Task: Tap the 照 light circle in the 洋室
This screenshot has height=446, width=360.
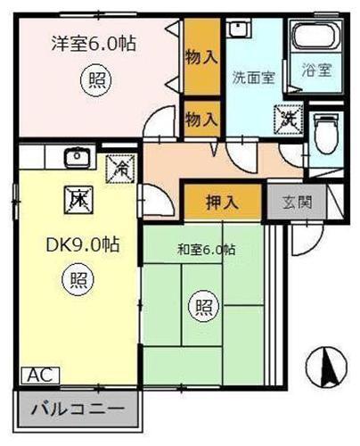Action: pyautogui.click(x=95, y=80)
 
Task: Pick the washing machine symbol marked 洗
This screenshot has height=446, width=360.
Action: pyautogui.click(x=290, y=115)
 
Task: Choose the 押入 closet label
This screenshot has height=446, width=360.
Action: pyautogui.click(x=223, y=201)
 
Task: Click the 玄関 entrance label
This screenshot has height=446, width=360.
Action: pyautogui.click(x=297, y=202)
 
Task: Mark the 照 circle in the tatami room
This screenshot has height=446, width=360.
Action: pyautogui.click(x=204, y=308)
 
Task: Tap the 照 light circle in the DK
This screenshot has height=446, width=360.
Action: pyautogui.click(x=77, y=280)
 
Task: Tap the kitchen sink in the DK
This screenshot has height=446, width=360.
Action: pyautogui.click(x=77, y=157)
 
